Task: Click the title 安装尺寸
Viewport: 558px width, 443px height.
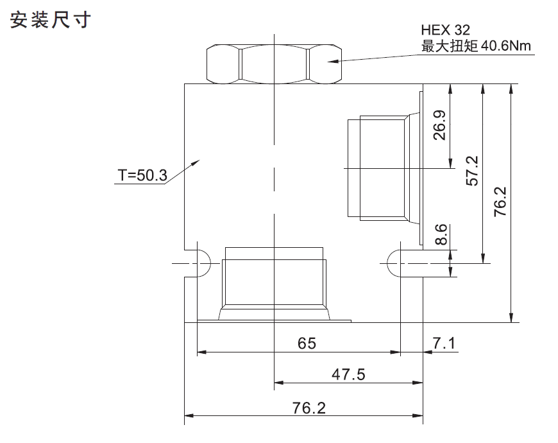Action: pos(50,20)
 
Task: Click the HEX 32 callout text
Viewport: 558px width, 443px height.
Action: pos(445,30)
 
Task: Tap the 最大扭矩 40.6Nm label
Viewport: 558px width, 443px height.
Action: pos(476,46)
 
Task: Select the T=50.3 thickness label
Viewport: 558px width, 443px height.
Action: pos(142,175)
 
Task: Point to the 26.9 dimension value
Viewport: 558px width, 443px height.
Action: pos(439,125)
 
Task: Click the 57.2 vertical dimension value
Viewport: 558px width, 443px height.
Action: pos(472,171)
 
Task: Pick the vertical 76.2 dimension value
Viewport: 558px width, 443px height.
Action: pos(500,202)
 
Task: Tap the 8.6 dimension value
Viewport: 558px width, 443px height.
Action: pos(441,234)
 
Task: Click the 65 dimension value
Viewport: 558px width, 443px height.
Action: pos(307,343)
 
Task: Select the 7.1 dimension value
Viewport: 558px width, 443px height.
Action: pos(444,343)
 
